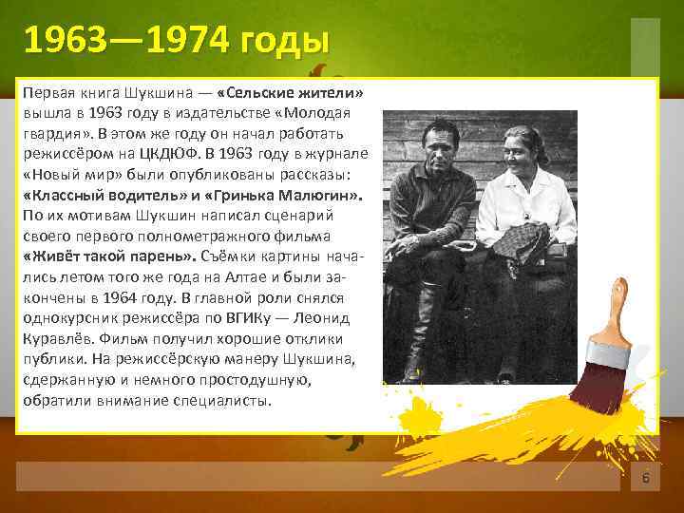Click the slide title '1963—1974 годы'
pyautogui.click(x=177, y=42)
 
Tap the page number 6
pyautogui.click(x=645, y=477)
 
